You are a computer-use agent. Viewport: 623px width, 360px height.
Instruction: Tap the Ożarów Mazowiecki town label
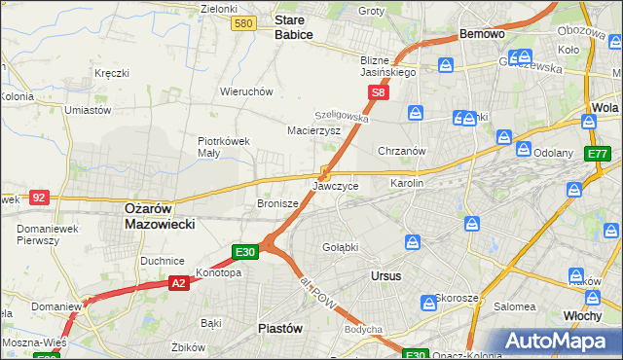tap(160, 215)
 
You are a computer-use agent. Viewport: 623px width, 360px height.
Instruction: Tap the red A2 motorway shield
tap(177, 283)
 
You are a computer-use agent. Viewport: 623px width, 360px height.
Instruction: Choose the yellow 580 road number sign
tap(244, 22)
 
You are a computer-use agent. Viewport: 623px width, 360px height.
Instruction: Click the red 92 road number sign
tap(40, 197)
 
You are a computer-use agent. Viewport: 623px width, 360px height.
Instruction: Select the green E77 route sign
tap(597, 154)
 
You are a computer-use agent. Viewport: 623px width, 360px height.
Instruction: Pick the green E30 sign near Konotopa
tap(245, 252)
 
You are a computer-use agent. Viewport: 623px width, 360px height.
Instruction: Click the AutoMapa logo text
tap(566, 341)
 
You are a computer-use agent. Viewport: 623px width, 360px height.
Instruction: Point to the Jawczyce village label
tap(335, 185)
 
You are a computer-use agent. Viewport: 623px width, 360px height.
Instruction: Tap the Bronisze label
tap(276, 203)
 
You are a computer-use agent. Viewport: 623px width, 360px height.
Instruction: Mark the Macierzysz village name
tap(313, 129)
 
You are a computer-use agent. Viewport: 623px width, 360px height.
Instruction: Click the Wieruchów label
tap(245, 91)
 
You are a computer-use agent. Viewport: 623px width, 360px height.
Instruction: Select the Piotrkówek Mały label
tap(224, 146)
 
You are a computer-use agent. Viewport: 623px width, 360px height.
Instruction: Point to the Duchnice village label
tap(162, 261)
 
